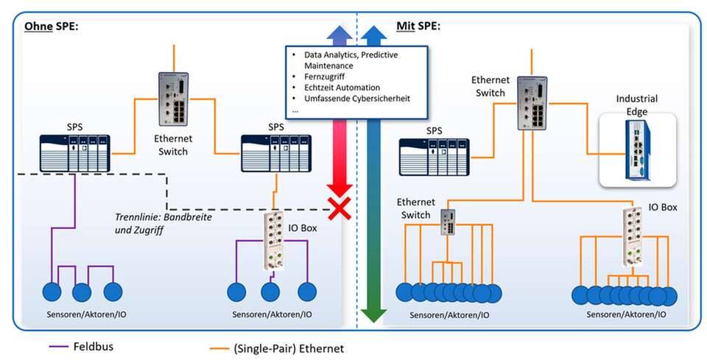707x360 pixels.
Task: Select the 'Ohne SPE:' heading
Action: coord(52,27)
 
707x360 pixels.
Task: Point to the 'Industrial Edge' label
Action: coord(637,105)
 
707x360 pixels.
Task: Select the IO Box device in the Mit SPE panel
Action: coord(634,235)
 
